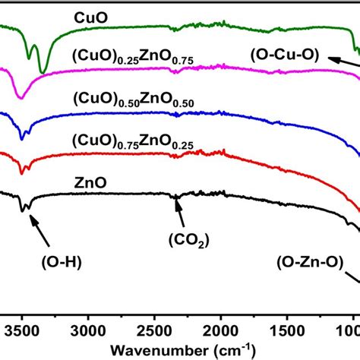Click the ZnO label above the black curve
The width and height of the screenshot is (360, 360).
coord(90,182)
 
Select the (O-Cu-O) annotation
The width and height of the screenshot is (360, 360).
coord(290,55)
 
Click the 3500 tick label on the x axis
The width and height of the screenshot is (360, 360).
coord(22,331)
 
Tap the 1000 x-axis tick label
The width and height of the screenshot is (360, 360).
coord(348,331)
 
